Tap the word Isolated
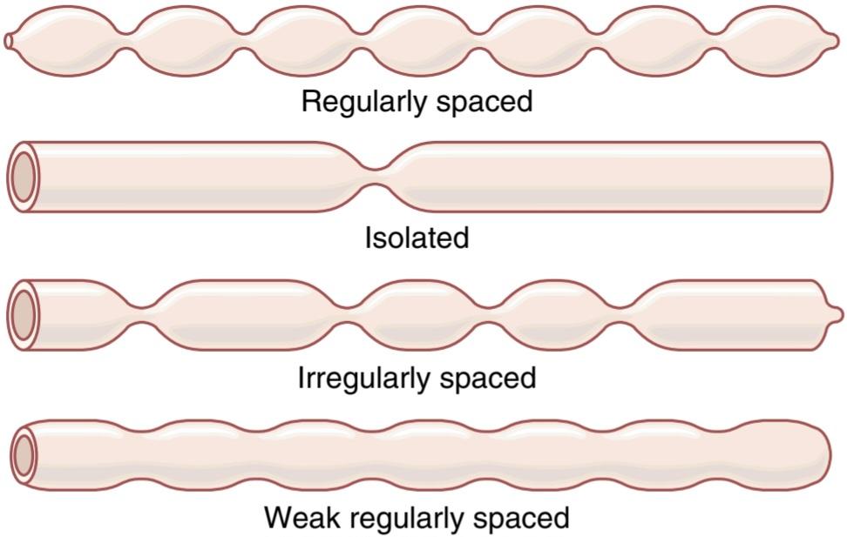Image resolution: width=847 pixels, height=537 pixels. (x=417, y=238)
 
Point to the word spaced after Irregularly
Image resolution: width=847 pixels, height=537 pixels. (x=488, y=379)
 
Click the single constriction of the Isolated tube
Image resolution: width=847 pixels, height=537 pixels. (x=378, y=177)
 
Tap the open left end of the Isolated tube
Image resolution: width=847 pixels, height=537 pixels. (x=24, y=177)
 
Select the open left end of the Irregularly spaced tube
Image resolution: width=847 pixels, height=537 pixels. (x=24, y=316)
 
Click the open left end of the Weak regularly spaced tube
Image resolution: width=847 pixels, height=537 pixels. (x=24, y=455)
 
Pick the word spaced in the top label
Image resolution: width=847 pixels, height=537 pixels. (x=484, y=103)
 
